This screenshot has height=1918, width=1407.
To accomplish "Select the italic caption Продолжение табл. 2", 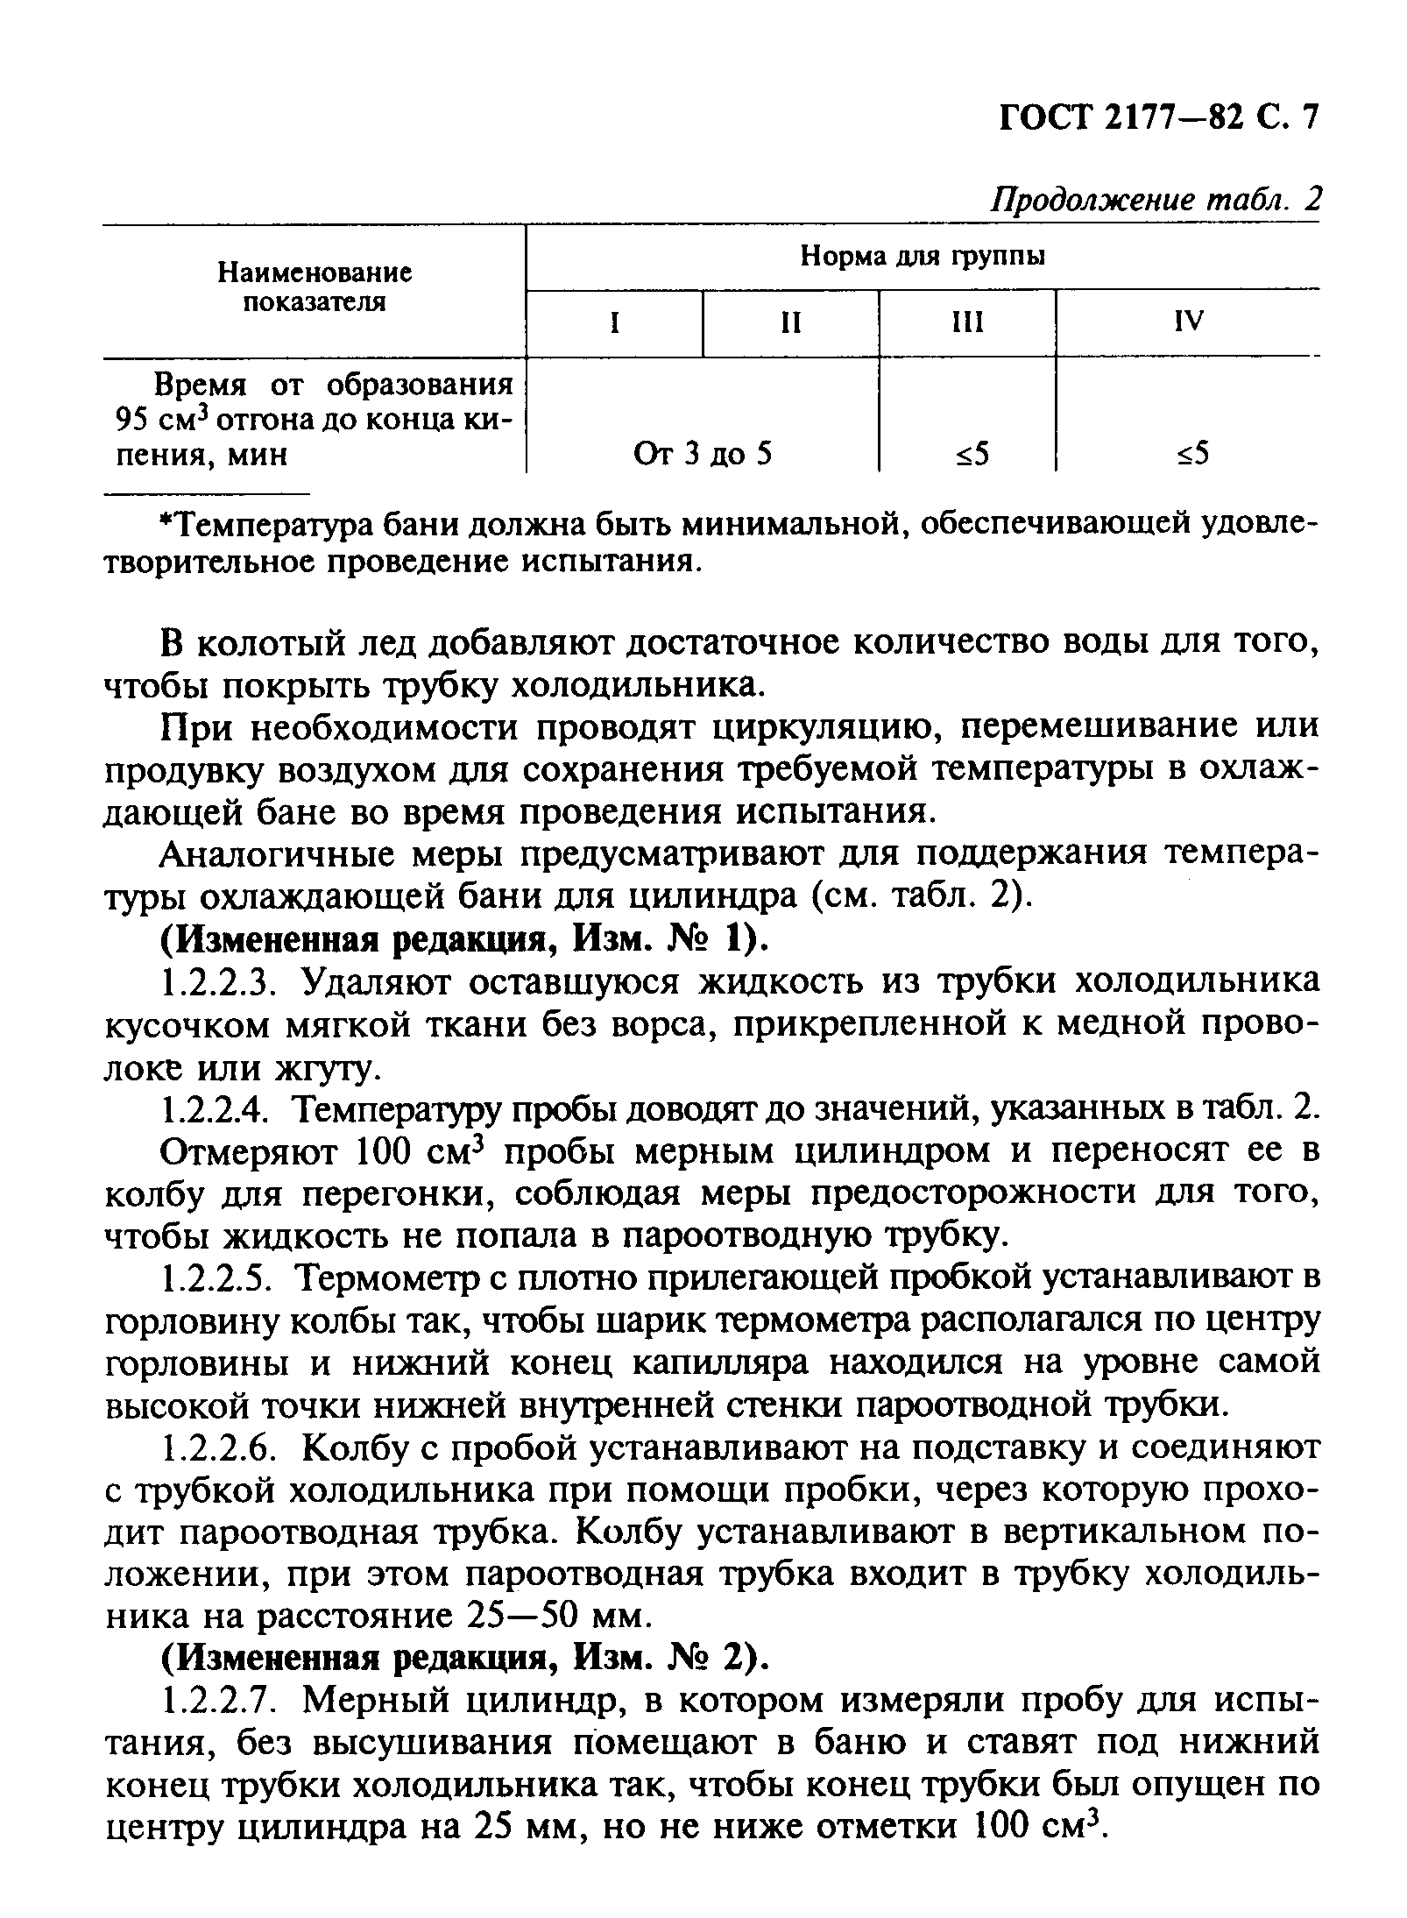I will coord(1154,201).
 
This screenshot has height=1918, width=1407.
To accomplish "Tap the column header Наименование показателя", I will coord(315,288).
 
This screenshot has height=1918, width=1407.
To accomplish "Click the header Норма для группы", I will coord(923,257).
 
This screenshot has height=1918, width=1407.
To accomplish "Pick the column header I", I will coord(615,323).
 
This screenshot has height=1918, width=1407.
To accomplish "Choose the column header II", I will coord(791,323).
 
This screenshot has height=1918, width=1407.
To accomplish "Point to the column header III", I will coord(967,323).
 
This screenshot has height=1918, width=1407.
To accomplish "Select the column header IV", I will coord(1188,322).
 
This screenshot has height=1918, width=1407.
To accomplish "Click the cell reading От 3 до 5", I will coord(703,454).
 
